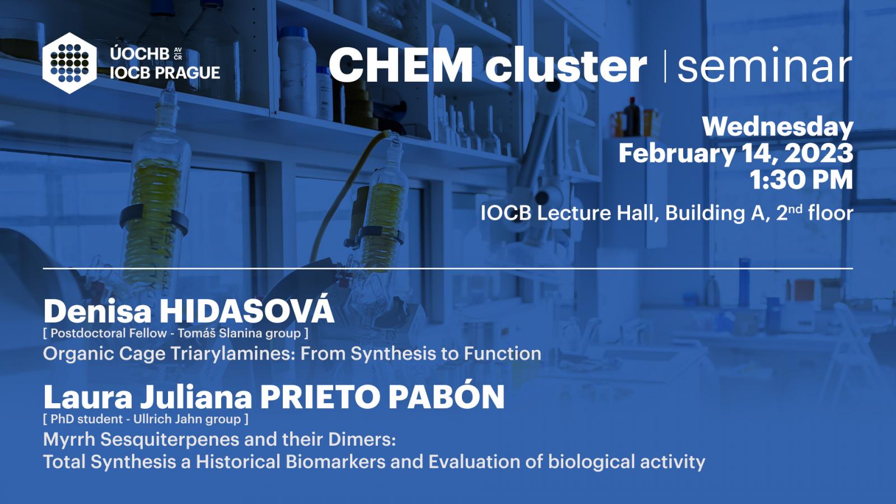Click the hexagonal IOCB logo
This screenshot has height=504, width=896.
[69, 63]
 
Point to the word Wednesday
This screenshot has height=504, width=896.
[778, 127]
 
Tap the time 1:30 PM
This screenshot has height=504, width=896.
[801, 180]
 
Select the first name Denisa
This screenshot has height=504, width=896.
[97, 311]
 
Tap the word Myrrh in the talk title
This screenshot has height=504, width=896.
[69, 440]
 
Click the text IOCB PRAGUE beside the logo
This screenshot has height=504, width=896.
[165, 73]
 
